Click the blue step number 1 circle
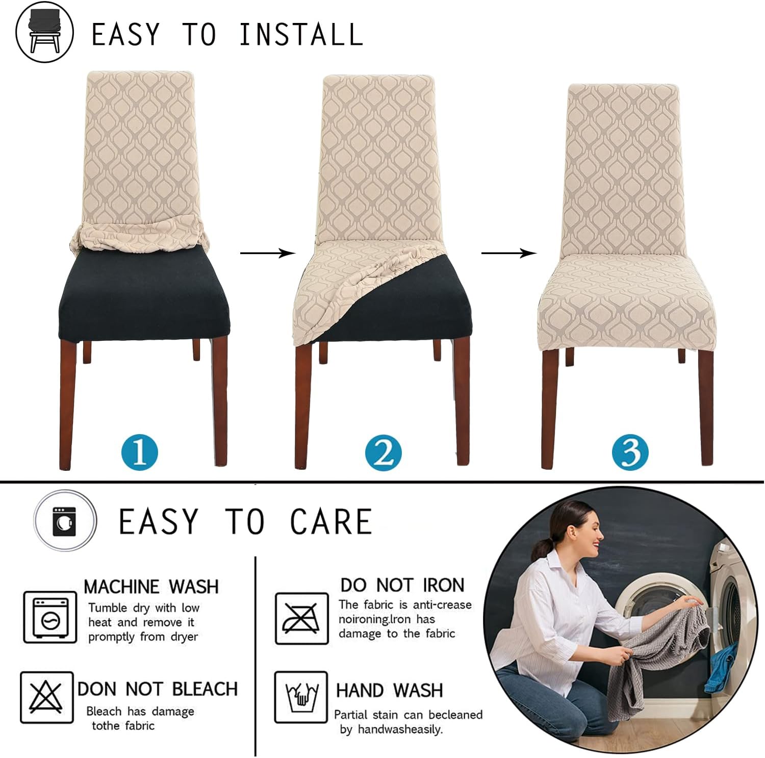140,452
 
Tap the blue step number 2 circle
384,452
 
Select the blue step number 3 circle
630,452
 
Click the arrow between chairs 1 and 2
268,253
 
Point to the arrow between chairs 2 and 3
509,253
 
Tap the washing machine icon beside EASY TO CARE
65,521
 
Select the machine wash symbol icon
50,617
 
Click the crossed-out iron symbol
302,618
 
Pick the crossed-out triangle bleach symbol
47,697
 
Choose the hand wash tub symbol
301,697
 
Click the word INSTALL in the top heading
301,35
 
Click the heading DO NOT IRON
402,585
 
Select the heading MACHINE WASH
151,587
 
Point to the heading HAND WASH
390,690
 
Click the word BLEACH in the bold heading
205,689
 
